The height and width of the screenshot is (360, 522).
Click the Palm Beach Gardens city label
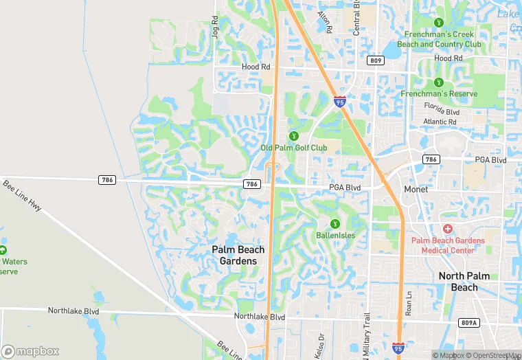234,255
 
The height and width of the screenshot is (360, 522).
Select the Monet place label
416,189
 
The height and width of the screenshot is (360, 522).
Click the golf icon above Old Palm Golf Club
294,135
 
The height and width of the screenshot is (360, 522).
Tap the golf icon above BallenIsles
335,223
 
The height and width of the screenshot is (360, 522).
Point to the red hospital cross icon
448,228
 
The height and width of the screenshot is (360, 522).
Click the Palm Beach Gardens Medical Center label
448,245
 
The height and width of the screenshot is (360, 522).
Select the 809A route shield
468,322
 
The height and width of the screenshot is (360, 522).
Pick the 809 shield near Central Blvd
374,60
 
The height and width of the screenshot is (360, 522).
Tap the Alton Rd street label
325,21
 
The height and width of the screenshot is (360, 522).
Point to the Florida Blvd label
441,109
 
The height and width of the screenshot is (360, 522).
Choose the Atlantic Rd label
440,122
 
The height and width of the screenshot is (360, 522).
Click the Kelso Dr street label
321,342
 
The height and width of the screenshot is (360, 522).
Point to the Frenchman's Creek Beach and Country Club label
449,39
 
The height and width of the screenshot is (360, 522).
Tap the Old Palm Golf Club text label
294,148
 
